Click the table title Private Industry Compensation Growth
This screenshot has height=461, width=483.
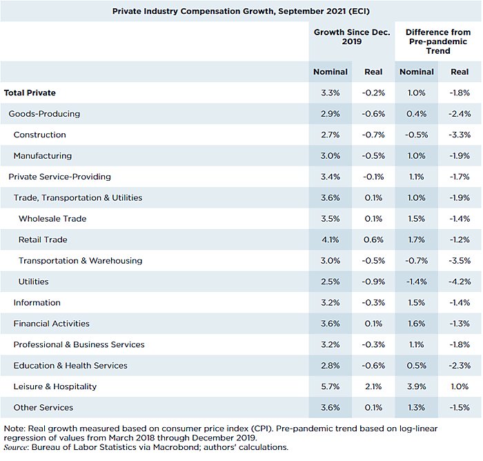[x=241, y=10]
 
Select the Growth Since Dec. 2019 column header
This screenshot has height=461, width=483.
[x=352, y=37]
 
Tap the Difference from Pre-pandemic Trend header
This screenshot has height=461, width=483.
[x=437, y=41]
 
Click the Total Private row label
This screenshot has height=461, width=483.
[x=30, y=92]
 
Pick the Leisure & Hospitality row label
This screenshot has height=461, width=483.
[x=55, y=386]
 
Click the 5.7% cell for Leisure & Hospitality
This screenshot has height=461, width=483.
[x=331, y=386]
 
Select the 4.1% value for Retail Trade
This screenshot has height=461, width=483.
[x=331, y=239]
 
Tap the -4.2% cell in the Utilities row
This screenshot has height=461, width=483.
[x=459, y=282]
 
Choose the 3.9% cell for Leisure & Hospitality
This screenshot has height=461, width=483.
[x=417, y=386]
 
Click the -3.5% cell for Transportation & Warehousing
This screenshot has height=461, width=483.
[x=459, y=261]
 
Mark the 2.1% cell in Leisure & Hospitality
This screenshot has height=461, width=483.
[x=373, y=386]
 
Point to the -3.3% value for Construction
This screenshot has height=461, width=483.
[x=459, y=135]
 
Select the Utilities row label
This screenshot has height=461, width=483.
[x=34, y=282]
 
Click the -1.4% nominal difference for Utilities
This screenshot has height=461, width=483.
[x=416, y=282]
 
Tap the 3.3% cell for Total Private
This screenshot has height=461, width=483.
[x=331, y=92]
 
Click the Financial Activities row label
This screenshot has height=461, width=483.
[x=51, y=324]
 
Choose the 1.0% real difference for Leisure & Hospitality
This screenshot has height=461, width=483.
[x=460, y=386]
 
